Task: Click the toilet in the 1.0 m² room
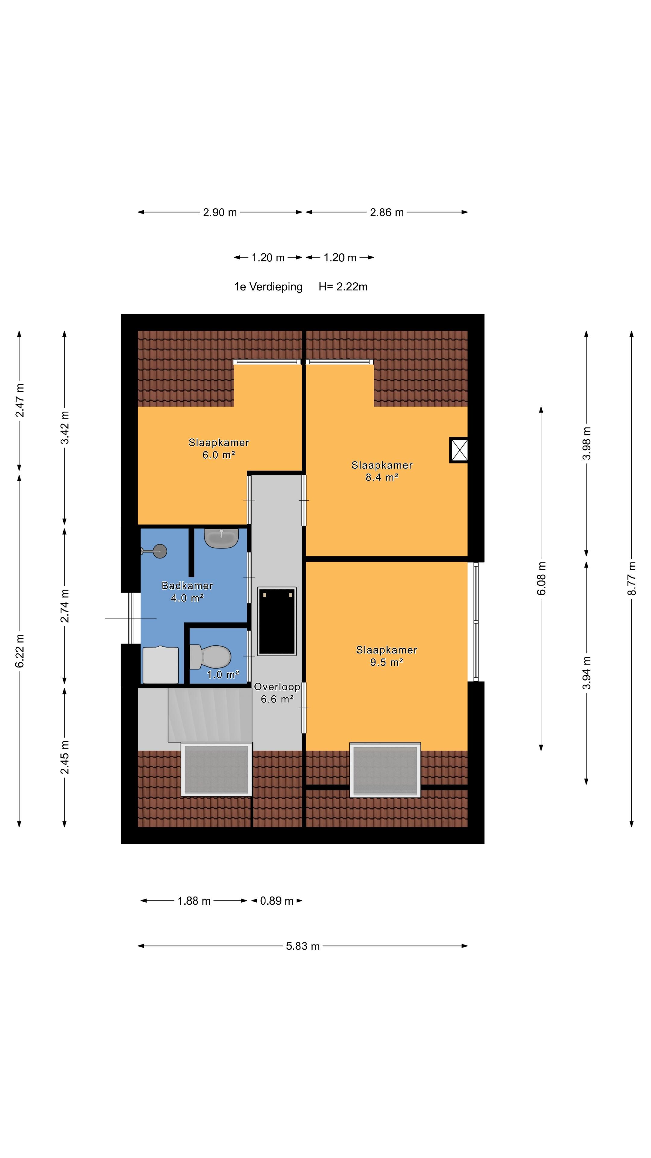[210, 657]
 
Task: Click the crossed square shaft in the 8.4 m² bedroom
[459, 450]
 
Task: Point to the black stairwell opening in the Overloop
[277, 621]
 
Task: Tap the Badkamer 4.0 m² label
[187, 592]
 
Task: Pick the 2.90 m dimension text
[220, 213]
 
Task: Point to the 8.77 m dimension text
[632, 578]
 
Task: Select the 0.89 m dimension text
[277, 901]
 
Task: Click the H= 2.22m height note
[343, 287]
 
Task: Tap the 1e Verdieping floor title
[268, 287]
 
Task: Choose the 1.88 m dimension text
[194, 901]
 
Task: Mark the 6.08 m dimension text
[541, 578]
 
